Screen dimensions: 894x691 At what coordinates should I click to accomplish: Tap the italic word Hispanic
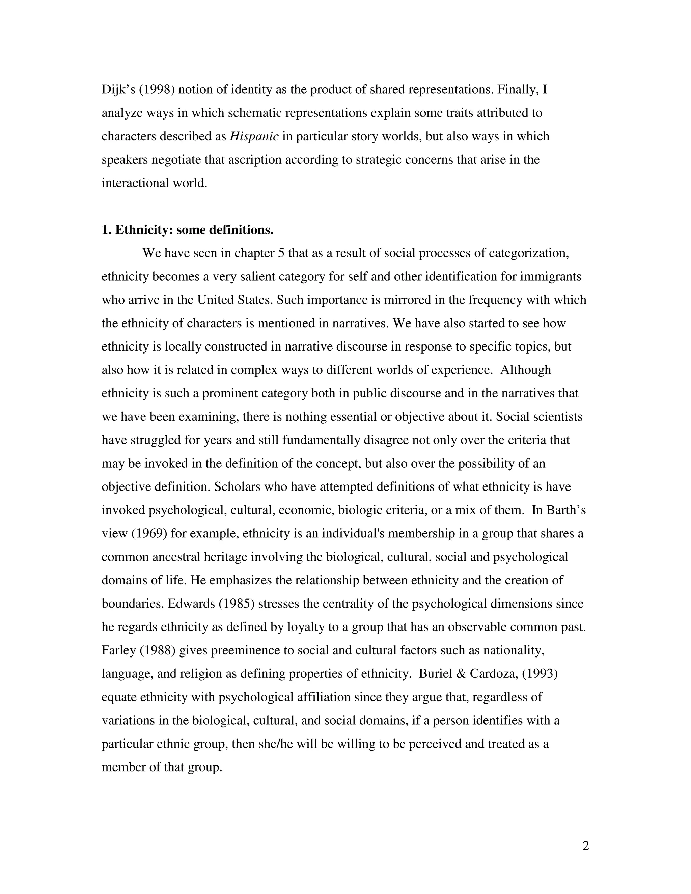coord(254,136)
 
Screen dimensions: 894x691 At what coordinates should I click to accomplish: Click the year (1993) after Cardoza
coord(540,674)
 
